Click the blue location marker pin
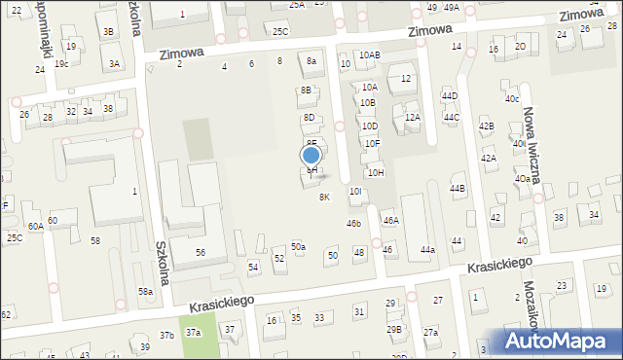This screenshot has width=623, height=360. coord(311,155)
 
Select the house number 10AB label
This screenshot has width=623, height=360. coord(369,55)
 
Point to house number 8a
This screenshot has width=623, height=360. coord(311,61)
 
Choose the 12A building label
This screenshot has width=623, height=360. coord(413,118)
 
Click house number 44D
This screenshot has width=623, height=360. coord(449,96)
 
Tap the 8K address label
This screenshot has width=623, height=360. coord(324,197)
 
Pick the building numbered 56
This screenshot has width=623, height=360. coord(200,252)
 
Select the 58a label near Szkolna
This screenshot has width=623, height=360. coord(145,292)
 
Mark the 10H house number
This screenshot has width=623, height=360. coord(376,172)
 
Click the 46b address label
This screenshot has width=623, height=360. coord(354,224)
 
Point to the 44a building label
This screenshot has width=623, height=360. coord(427,250)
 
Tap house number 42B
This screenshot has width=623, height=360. coord(486,126)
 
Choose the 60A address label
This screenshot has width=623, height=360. coord(35,227)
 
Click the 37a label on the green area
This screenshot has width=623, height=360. coord(193,333)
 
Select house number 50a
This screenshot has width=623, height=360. coord(298,247)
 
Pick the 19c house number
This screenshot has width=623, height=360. coord(61,63)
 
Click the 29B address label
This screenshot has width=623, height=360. coord(394,329)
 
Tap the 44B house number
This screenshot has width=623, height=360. coord(457,188)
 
